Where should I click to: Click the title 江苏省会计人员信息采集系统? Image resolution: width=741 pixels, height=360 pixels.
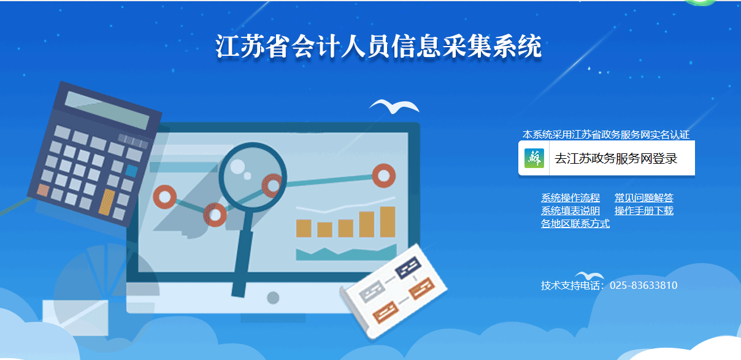[x=378, y=47]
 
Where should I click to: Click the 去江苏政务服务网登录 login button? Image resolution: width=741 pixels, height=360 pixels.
[x=607, y=158]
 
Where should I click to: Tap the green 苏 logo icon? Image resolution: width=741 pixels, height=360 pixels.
[x=534, y=158]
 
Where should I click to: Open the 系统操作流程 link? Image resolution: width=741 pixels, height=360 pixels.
[x=570, y=198]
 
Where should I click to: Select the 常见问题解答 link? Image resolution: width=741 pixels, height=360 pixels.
[x=643, y=198]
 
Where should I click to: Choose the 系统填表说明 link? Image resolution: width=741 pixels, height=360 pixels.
[x=570, y=211]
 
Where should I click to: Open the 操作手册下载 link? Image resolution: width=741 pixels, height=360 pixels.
[x=643, y=211]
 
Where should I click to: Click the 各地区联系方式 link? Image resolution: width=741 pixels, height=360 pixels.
[x=575, y=224]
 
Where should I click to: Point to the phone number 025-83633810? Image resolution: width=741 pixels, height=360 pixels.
[x=643, y=285]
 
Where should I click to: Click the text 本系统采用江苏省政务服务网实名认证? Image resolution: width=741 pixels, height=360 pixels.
[x=606, y=135]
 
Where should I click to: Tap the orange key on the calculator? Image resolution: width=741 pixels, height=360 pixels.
[x=107, y=202]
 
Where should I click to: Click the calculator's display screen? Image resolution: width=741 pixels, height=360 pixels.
[x=107, y=110]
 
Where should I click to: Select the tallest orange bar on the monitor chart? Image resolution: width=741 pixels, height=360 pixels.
[x=388, y=221]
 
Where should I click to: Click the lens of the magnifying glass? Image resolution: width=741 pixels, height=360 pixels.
[x=252, y=176]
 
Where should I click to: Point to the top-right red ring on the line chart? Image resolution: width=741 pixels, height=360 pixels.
[x=384, y=175]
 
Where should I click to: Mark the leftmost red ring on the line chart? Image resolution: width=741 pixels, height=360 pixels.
[x=165, y=197]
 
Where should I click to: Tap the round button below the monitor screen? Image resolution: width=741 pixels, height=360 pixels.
[x=273, y=298]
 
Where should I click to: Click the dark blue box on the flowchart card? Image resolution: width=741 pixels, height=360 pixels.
[x=408, y=267]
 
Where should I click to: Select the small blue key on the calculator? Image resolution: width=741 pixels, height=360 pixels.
[x=131, y=170]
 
